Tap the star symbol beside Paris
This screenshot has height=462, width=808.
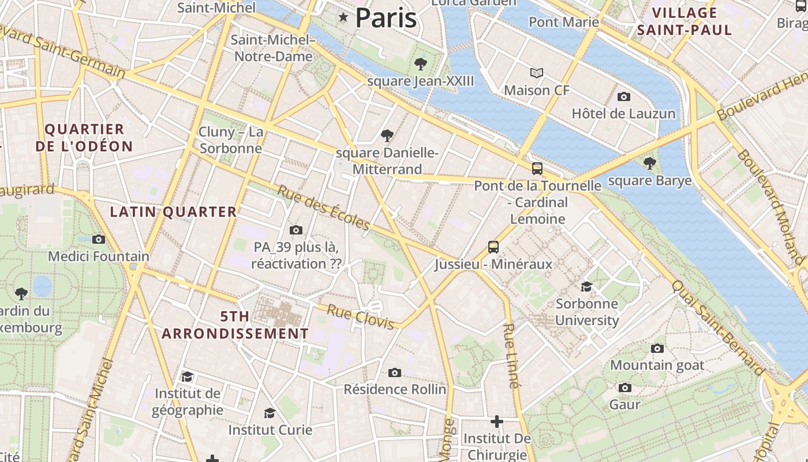pyautogui.click(x=343, y=17)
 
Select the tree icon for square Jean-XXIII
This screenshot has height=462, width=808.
pyautogui.click(x=421, y=64)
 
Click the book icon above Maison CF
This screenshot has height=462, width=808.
pyautogui.click(x=537, y=73)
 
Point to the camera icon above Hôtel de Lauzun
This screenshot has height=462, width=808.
pyautogui.click(x=623, y=96)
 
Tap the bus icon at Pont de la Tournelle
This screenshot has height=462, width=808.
pyautogui.click(x=537, y=168)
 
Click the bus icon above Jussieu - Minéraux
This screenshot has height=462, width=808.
pyautogui.click(x=493, y=247)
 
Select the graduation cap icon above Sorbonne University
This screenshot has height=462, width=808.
pyautogui.click(x=586, y=286)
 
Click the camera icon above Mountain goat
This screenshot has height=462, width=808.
pyautogui.click(x=657, y=348)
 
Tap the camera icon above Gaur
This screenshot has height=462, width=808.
pyautogui.click(x=624, y=388)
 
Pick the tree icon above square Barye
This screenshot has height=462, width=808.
pyautogui.click(x=650, y=163)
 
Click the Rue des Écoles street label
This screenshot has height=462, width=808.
pyautogui.click(x=324, y=207)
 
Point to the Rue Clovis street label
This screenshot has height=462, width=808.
pyautogui.click(x=361, y=317)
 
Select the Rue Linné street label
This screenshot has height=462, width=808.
pyautogui.click(x=511, y=355)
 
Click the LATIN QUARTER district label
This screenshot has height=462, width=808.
pyautogui.click(x=173, y=212)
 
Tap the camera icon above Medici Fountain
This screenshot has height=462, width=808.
pyautogui.click(x=99, y=239)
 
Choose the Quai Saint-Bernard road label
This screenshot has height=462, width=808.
pyautogui.click(x=718, y=327)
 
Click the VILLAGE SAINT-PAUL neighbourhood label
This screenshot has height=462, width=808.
pyautogui.click(x=684, y=21)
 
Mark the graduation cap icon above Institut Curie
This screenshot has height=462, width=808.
pyautogui.click(x=270, y=413)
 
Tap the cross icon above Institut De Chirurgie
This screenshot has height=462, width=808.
pyautogui.click(x=496, y=422)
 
